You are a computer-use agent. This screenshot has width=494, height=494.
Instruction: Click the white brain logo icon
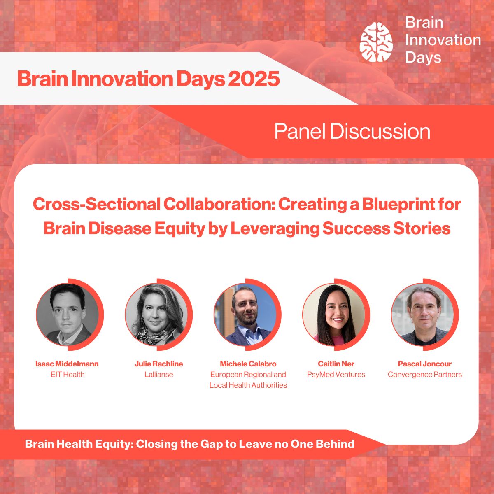click(376, 42)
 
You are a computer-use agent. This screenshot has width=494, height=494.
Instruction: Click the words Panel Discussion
click(352, 131)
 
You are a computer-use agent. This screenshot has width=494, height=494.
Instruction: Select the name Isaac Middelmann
click(67, 364)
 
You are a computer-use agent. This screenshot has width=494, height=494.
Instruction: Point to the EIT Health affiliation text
click(68, 375)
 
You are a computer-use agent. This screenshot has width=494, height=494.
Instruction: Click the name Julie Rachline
click(158, 364)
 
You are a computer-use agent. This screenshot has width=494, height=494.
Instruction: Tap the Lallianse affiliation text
click(158, 375)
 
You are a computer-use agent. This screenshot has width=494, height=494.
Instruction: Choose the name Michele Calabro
click(248, 364)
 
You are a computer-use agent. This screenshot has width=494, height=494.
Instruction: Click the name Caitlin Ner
click(336, 364)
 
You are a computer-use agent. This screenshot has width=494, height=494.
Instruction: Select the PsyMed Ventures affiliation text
click(336, 375)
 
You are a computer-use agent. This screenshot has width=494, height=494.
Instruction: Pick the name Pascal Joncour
click(425, 364)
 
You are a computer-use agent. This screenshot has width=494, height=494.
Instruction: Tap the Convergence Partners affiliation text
click(425, 375)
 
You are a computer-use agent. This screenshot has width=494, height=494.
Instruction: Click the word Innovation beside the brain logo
click(443, 40)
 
